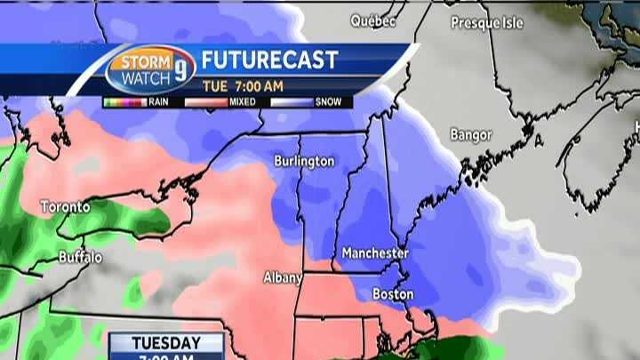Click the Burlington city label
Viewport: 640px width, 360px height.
tap(304, 161)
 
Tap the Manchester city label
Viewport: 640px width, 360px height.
tap(374, 253)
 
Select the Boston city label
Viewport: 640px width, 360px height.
tap(392, 293)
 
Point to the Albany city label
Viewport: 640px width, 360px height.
tap(282, 277)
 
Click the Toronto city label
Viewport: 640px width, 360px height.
tap(65, 207)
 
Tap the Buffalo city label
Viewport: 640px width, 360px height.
tap(80, 258)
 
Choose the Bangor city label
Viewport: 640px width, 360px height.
tap(471, 135)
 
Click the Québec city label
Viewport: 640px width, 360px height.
tap(372, 20)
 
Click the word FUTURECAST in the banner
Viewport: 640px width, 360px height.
tap(269, 60)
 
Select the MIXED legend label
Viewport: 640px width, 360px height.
tap(242, 102)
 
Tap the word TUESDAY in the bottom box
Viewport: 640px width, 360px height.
tap(166, 342)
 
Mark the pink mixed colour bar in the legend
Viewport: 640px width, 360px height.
tap(207, 102)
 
